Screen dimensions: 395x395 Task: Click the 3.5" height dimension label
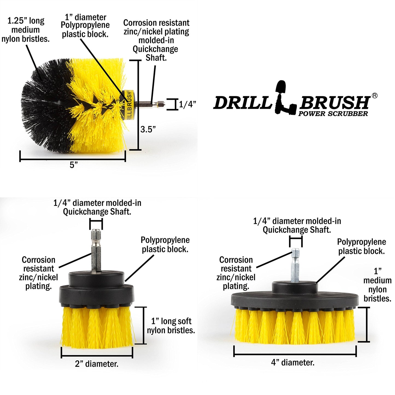[x=148, y=129]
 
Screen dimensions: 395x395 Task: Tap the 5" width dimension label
[x=74, y=165]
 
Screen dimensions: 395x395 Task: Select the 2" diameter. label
[x=96, y=364]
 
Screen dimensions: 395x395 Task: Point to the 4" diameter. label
[x=292, y=362]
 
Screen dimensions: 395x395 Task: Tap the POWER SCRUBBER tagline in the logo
[x=333, y=114]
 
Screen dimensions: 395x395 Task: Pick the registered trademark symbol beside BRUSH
[x=374, y=95]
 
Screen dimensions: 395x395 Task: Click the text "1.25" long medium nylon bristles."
[x=26, y=30]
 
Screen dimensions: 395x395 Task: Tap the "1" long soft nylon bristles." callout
[x=171, y=326]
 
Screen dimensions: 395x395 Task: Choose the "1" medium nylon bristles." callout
[x=377, y=285]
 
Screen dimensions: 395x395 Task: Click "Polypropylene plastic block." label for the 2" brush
[x=165, y=244]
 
